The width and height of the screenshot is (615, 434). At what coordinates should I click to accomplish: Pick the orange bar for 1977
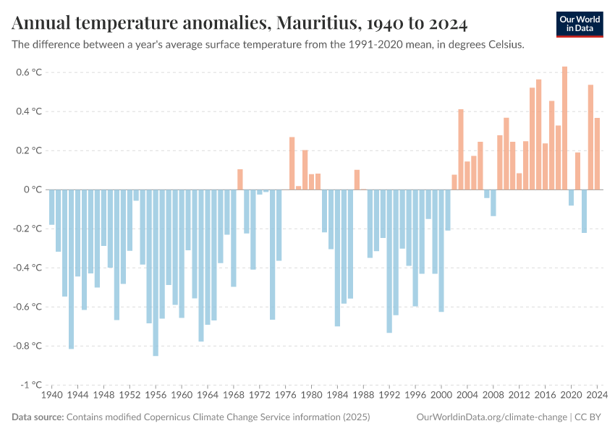pos(292,163)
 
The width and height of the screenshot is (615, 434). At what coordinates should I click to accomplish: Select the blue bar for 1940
pos(52,207)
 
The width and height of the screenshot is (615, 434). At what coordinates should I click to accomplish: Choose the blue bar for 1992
pos(389,261)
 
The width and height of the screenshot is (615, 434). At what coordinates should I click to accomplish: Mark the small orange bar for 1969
pos(240,179)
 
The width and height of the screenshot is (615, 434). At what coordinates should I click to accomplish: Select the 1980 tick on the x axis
pos(312,396)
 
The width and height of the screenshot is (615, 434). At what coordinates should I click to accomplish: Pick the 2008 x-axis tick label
pos(493,396)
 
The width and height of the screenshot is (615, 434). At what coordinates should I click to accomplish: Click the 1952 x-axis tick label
pos(130,396)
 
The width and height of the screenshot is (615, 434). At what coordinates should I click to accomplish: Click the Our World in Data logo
pos(580,24)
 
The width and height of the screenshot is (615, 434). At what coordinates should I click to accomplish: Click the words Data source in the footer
pos(38,417)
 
